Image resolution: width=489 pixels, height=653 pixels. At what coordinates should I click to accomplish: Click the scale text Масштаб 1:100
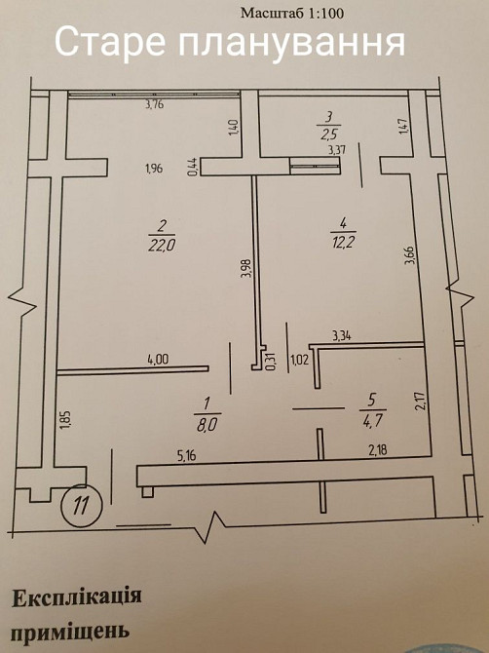click(292, 14)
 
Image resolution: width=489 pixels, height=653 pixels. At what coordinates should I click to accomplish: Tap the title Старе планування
click(230, 42)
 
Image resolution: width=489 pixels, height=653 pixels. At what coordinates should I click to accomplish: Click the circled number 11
click(82, 506)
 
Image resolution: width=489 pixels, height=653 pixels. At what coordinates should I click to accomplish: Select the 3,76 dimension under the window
click(155, 104)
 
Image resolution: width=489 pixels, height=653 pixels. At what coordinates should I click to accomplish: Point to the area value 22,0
click(162, 246)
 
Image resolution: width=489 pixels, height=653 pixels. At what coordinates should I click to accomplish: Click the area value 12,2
click(343, 242)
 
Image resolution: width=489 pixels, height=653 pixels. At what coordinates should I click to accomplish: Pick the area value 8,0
click(207, 426)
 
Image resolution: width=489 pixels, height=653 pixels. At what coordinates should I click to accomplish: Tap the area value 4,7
click(372, 419)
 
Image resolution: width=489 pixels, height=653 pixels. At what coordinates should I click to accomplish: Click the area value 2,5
click(329, 135)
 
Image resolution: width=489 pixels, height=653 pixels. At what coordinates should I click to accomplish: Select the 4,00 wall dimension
click(159, 360)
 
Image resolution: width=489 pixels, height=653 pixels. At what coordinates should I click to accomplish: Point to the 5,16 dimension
click(186, 456)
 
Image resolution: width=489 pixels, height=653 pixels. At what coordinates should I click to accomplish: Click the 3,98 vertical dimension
click(245, 269)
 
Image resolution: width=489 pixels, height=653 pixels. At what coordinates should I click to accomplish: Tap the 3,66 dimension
click(410, 255)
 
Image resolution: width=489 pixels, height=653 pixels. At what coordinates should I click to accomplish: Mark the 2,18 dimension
click(378, 449)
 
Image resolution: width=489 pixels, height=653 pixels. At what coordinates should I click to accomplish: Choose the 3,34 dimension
click(342, 335)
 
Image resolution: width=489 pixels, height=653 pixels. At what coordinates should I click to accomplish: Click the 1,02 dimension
click(300, 360)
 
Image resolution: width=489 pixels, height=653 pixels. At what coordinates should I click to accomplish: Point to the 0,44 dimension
click(193, 167)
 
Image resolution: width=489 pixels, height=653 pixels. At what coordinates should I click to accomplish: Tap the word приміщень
click(70, 632)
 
